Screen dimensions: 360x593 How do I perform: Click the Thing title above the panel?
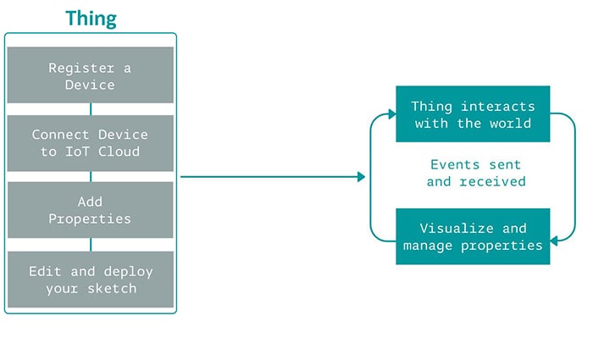point(91,19)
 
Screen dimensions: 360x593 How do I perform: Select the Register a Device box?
point(91,75)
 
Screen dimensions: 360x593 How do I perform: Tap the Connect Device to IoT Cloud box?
point(91,143)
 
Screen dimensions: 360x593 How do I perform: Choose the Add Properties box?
point(91,210)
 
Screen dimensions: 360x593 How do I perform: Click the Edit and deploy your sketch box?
point(91,280)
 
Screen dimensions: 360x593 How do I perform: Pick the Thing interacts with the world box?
point(473,114)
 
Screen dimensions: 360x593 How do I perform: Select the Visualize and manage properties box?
point(473,236)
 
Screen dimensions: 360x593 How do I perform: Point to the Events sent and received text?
point(475,173)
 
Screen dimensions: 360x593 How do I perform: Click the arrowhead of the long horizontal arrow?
point(361,177)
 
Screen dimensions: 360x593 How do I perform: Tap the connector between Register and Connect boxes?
point(91,109)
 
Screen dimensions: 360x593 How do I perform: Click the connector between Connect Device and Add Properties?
point(91,177)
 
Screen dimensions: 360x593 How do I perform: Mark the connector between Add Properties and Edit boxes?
point(91,245)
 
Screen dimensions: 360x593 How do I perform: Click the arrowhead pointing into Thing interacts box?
point(391,114)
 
